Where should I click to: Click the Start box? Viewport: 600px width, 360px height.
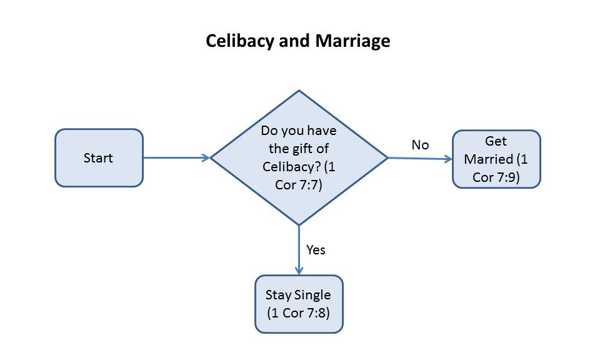click(99, 157)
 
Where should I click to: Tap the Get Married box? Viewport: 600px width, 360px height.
click(496, 159)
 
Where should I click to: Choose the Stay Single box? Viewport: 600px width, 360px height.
click(299, 304)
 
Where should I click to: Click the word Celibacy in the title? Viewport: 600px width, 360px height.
click(241, 41)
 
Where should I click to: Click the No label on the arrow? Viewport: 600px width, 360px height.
click(420, 145)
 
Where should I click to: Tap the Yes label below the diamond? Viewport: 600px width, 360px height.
click(316, 250)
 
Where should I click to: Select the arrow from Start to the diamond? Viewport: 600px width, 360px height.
click(176, 158)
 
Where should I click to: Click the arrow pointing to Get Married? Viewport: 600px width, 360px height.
click(420, 159)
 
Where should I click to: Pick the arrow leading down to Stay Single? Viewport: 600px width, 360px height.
click(299, 250)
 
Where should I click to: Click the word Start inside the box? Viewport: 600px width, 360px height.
click(99, 157)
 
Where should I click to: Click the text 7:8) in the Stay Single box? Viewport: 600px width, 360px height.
click(314, 312)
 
